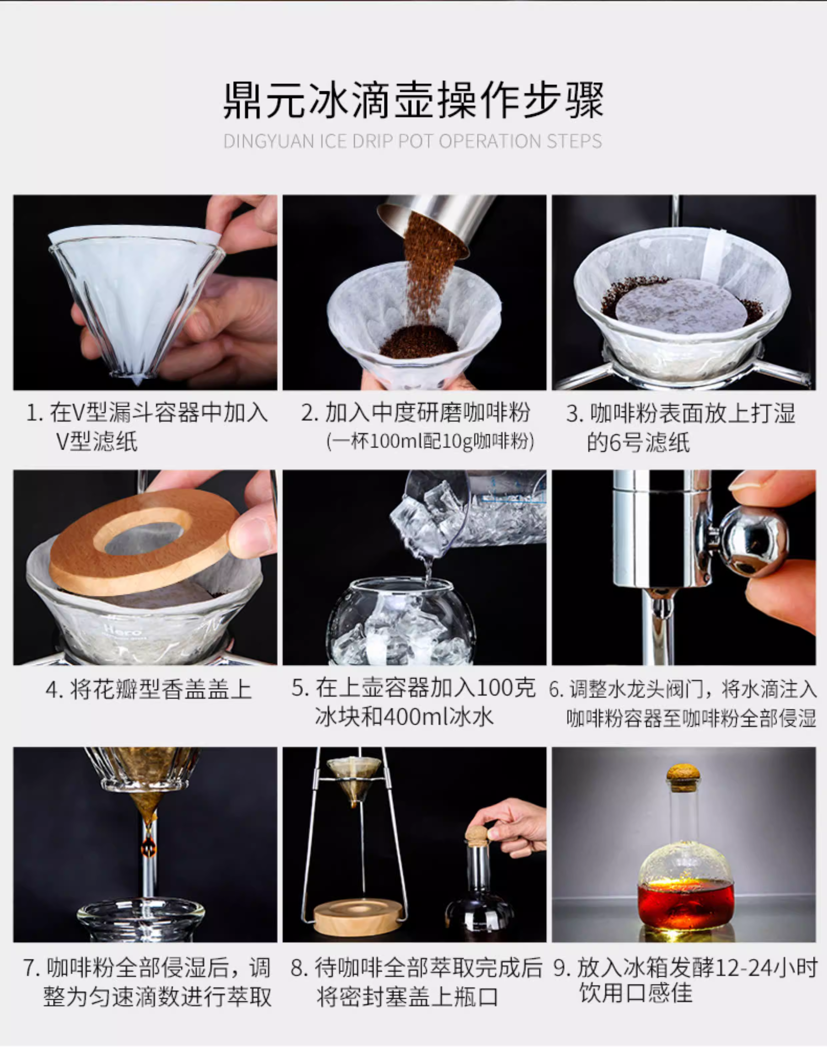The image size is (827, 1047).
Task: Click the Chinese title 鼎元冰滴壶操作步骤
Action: (x=413, y=100)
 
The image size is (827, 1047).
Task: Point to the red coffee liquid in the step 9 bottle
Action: (x=686, y=901)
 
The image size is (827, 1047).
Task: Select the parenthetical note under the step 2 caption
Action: (x=430, y=441)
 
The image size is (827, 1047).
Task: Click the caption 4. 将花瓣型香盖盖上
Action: (x=149, y=689)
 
